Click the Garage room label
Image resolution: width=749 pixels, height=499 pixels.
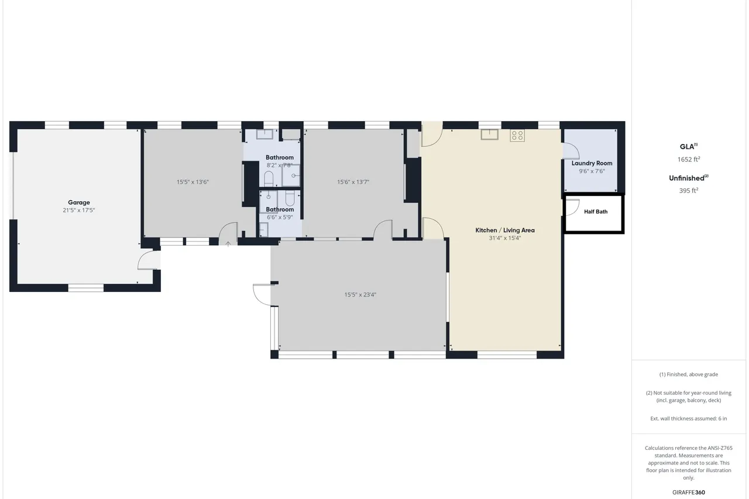click(x=79, y=202)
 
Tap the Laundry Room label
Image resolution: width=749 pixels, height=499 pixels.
click(x=592, y=163)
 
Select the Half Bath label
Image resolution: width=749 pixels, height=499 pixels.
click(x=596, y=212)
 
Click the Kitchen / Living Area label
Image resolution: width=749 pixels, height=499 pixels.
click(x=505, y=230)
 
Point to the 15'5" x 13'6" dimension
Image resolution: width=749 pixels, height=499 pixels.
click(x=193, y=182)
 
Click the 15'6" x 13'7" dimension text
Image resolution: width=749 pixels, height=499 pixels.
click(x=353, y=182)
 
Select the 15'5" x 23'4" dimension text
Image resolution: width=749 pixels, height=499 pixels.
click(x=360, y=294)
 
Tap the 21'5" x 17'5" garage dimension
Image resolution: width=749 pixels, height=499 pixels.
click(x=79, y=210)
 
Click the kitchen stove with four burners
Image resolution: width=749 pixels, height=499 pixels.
click(x=517, y=135)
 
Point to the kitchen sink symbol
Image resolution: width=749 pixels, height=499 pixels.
click(x=490, y=135)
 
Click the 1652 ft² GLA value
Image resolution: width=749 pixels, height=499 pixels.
click(x=689, y=159)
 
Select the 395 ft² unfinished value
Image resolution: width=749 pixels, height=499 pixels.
click(x=689, y=191)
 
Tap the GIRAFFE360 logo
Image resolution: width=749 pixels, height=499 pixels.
click(x=689, y=493)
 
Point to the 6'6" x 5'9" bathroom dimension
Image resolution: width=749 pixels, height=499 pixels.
click(x=280, y=217)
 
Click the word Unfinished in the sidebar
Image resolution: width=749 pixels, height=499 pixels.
click(x=686, y=178)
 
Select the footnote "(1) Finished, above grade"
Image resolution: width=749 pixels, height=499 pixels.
click(x=689, y=374)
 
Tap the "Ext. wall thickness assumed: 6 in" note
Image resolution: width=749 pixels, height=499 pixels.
click(x=689, y=418)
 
